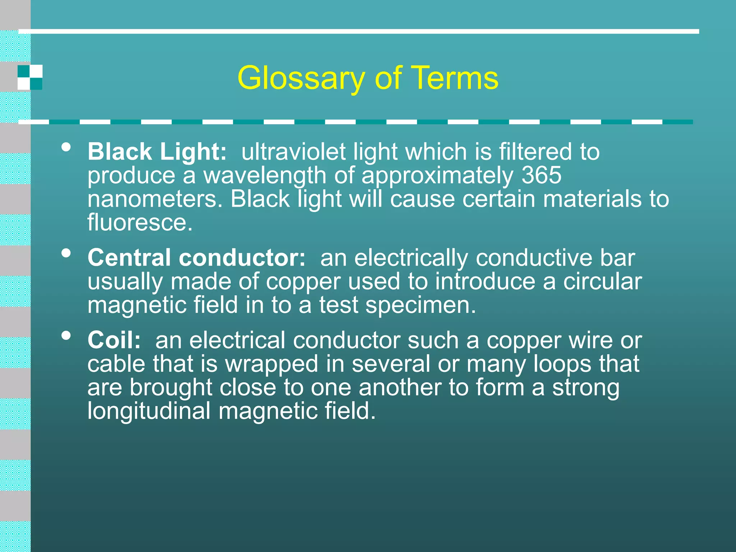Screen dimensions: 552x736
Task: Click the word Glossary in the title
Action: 301,78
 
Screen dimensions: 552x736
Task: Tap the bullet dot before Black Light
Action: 66,147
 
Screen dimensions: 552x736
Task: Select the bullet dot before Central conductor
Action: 66,253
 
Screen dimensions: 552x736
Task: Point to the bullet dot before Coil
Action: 66,335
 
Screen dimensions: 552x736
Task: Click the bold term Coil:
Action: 114,340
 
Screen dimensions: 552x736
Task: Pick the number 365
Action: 541,175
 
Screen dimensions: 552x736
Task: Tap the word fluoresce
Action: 140,222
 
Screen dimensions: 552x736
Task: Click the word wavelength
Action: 265,175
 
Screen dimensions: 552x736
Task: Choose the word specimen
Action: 420,305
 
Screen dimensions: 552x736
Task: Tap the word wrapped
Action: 271,364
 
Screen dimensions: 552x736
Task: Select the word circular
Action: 602,281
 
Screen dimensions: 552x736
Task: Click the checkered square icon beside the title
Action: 30,77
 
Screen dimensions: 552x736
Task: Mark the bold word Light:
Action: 193,152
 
